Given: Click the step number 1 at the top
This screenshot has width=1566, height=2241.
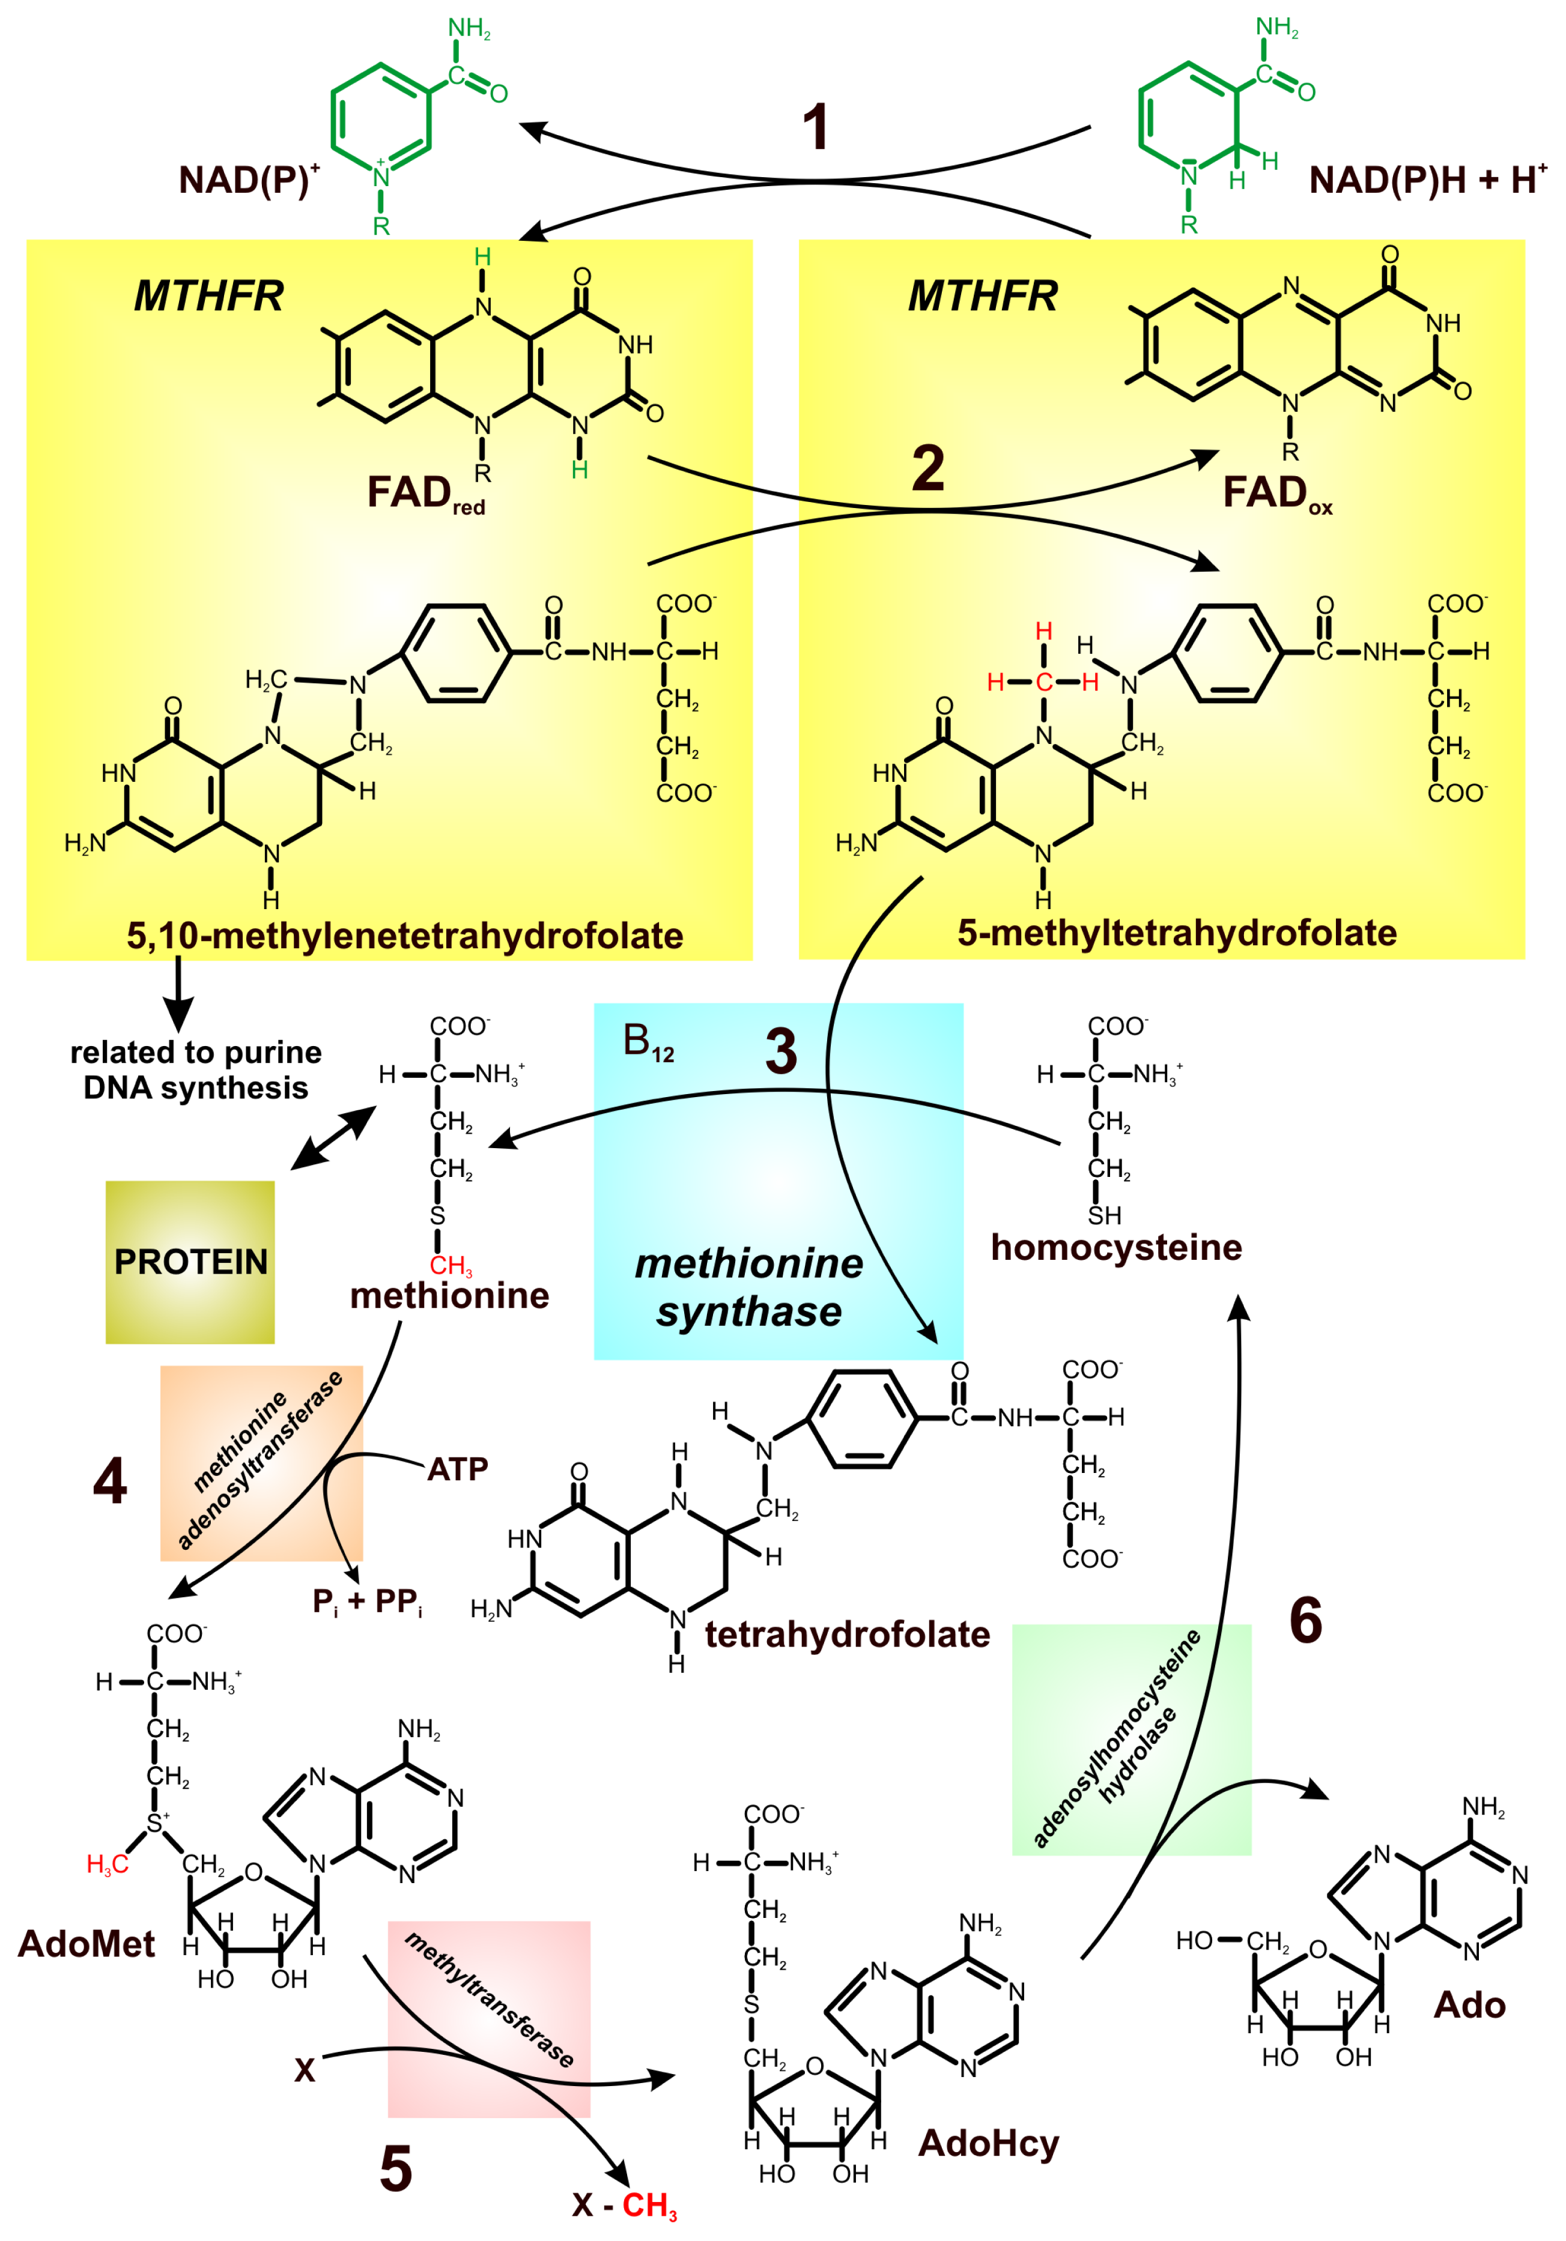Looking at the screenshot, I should [815, 128].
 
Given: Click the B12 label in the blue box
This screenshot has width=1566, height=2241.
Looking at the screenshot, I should [648, 1044].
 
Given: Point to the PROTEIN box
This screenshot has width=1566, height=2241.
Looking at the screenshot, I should [190, 1262].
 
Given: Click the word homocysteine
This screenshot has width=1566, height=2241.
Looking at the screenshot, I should [1116, 1247].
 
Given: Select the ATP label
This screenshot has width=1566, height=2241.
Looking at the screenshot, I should [457, 1469].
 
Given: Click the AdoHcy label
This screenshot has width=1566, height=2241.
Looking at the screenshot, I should [988, 2143].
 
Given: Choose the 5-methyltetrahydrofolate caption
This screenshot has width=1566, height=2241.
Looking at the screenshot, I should [1177, 933].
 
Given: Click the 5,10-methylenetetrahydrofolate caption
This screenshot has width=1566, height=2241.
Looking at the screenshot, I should [404, 936].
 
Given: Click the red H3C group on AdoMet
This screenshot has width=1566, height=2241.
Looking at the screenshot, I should [108, 1865].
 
